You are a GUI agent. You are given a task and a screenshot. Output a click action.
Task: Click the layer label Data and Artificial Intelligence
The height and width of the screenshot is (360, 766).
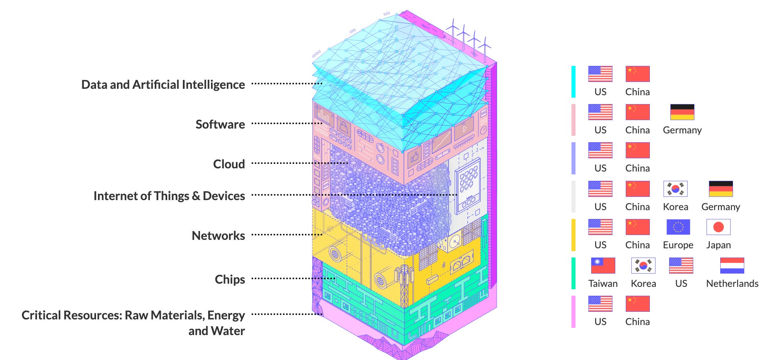pyautogui.click(x=163, y=84)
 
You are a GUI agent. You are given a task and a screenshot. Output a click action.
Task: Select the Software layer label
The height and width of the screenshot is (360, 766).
pyautogui.click(x=220, y=124)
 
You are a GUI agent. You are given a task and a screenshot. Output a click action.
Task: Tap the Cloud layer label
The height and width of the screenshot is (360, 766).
pyautogui.click(x=229, y=164)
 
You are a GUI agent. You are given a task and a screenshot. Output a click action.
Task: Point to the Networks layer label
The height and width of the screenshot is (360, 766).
pyautogui.click(x=218, y=235)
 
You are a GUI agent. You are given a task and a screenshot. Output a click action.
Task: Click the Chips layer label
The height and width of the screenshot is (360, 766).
pyautogui.click(x=229, y=279)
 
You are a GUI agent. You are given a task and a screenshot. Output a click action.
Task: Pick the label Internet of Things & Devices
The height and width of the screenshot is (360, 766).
pyautogui.click(x=169, y=196)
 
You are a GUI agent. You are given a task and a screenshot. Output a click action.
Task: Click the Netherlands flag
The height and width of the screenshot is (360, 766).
pyautogui.click(x=732, y=266)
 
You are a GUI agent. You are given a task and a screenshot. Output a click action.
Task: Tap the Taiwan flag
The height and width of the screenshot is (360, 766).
pyautogui.click(x=603, y=266)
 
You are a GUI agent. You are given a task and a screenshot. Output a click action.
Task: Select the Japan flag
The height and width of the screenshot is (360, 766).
pyautogui.click(x=718, y=227)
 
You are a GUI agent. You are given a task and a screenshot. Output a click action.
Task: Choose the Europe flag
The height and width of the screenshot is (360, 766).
pyautogui.click(x=678, y=227)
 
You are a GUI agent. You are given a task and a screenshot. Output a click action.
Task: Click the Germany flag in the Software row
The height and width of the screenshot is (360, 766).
pyautogui.click(x=682, y=112)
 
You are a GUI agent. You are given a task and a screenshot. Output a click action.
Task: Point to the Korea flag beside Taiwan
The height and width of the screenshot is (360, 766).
pyautogui.click(x=643, y=266)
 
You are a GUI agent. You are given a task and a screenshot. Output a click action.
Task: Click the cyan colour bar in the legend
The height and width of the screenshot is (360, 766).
pyautogui.click(x=573, y=82)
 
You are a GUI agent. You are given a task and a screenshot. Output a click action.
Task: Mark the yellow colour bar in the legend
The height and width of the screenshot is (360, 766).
pyautogui.click(x=573, y=235)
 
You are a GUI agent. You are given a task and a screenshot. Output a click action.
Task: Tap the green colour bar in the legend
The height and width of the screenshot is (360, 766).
pyautogui.click(x=573, y=273)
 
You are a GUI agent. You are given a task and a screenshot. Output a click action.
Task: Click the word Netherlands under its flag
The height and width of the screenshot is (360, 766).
pyautogui.click(x=732, y=284)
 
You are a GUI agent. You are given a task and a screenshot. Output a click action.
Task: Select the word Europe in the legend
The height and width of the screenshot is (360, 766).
pyautogui.click(x=678, y=245)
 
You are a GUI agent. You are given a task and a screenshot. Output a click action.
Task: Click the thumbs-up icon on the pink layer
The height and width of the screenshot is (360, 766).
pyautogui.click(x=414, y=157)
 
